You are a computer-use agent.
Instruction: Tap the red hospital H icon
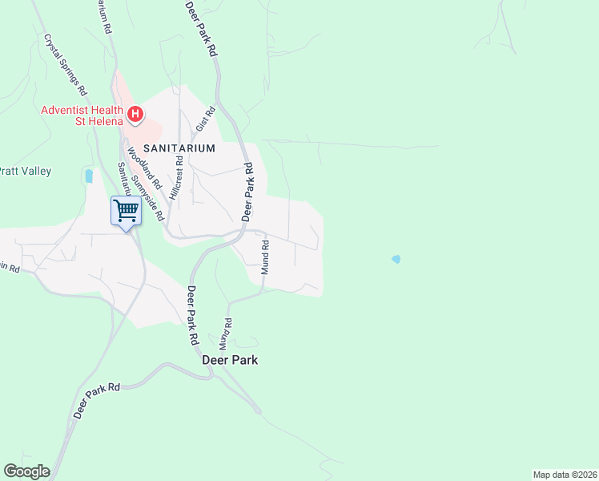[135, 115]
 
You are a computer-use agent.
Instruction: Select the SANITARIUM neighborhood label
[180, 148]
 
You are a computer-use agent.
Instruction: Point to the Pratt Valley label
[25, 171]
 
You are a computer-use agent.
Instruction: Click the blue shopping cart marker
[126, 212]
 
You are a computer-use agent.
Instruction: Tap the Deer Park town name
[230, 361]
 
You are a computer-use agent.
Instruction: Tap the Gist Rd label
[207, 119]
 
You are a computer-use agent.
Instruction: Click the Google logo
[26, 471]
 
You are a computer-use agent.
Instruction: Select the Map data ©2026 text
[565, 474]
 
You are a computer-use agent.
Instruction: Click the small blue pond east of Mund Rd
[396, 259]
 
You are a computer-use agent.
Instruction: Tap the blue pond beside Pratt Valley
[89, 176]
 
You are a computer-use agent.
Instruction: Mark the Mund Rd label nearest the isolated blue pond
[265, 260]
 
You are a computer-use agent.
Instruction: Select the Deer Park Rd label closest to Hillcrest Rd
[248, 192]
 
